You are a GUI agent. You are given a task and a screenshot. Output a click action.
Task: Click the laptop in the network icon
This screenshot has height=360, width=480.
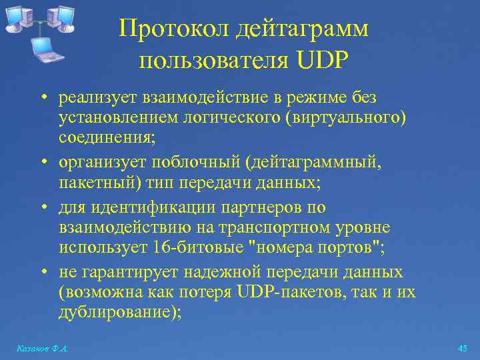click(45, 48)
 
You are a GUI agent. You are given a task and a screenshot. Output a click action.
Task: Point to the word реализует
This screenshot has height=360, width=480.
click(97, 98)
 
